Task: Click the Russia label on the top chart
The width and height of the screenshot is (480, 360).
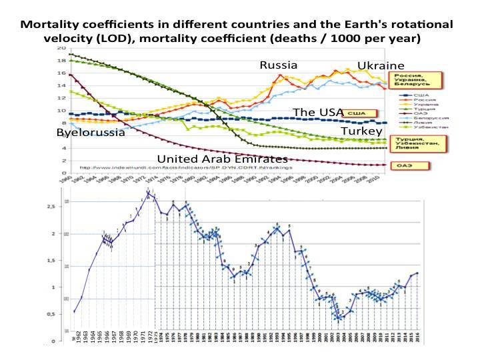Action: [278, 65]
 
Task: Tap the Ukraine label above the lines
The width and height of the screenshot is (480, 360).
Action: [381, 65]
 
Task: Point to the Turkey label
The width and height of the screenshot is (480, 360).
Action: [361, 132]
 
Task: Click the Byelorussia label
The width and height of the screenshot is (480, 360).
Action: [91, 133]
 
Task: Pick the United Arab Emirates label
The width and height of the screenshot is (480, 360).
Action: [222, 159]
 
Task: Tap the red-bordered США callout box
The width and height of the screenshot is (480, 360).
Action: [358, 114]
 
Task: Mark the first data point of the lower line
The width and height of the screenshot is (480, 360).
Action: [74, 311]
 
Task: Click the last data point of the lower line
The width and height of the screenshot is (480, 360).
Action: [418, 273]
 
